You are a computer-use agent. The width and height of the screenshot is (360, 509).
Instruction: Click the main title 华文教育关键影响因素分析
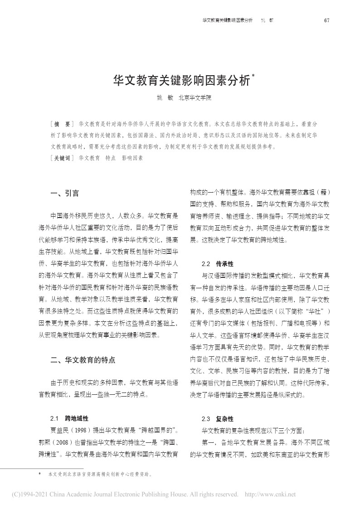[x=181, y=81]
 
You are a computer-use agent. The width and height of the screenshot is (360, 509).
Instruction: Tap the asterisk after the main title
[x=253, y=77]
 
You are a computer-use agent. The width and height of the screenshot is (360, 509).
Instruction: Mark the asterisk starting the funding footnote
[x=40, y=474]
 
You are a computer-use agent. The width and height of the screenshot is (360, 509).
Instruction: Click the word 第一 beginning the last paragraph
[x=208, y=441]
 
